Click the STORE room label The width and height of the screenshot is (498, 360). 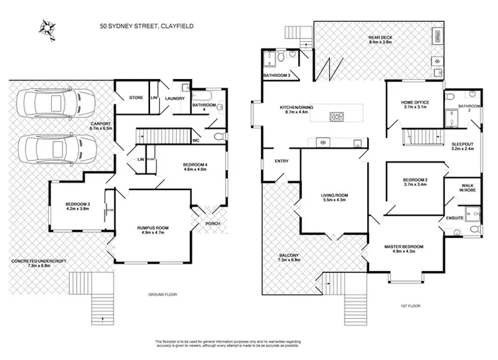136,98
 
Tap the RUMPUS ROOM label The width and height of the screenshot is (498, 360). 153,228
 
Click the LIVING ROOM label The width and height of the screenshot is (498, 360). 334,195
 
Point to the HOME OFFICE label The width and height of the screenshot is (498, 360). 415,102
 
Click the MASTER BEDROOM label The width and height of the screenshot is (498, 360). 404,246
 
